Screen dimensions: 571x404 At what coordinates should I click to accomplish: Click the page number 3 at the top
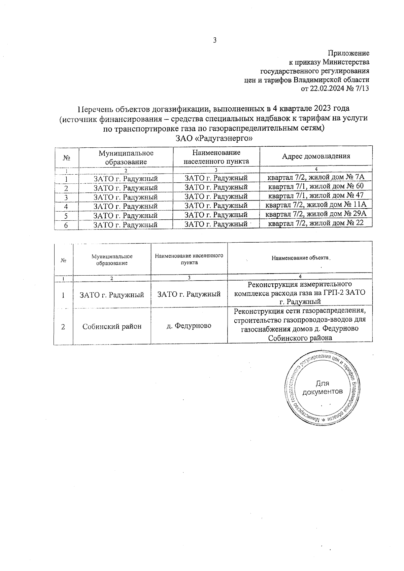pyautogui.click(x=214, y=40)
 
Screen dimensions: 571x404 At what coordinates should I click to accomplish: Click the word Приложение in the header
pyautogui.click(x=348, y=53)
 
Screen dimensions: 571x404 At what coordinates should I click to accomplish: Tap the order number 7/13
pyautogui.click(x=362, y=89)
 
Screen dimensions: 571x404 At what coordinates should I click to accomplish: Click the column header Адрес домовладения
pyautogui.click(x=316, y=156)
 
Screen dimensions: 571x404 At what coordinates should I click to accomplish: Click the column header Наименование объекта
pyautogui.click(x=300, y=258)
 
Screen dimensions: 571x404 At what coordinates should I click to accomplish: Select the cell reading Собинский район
pyautogui.click(x=112, y=326)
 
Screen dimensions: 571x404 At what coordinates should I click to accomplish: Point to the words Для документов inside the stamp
pyautogui.click(x=323, y=387)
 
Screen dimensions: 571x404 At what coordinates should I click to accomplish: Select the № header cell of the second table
pyautogui.click(x=63, y=260)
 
